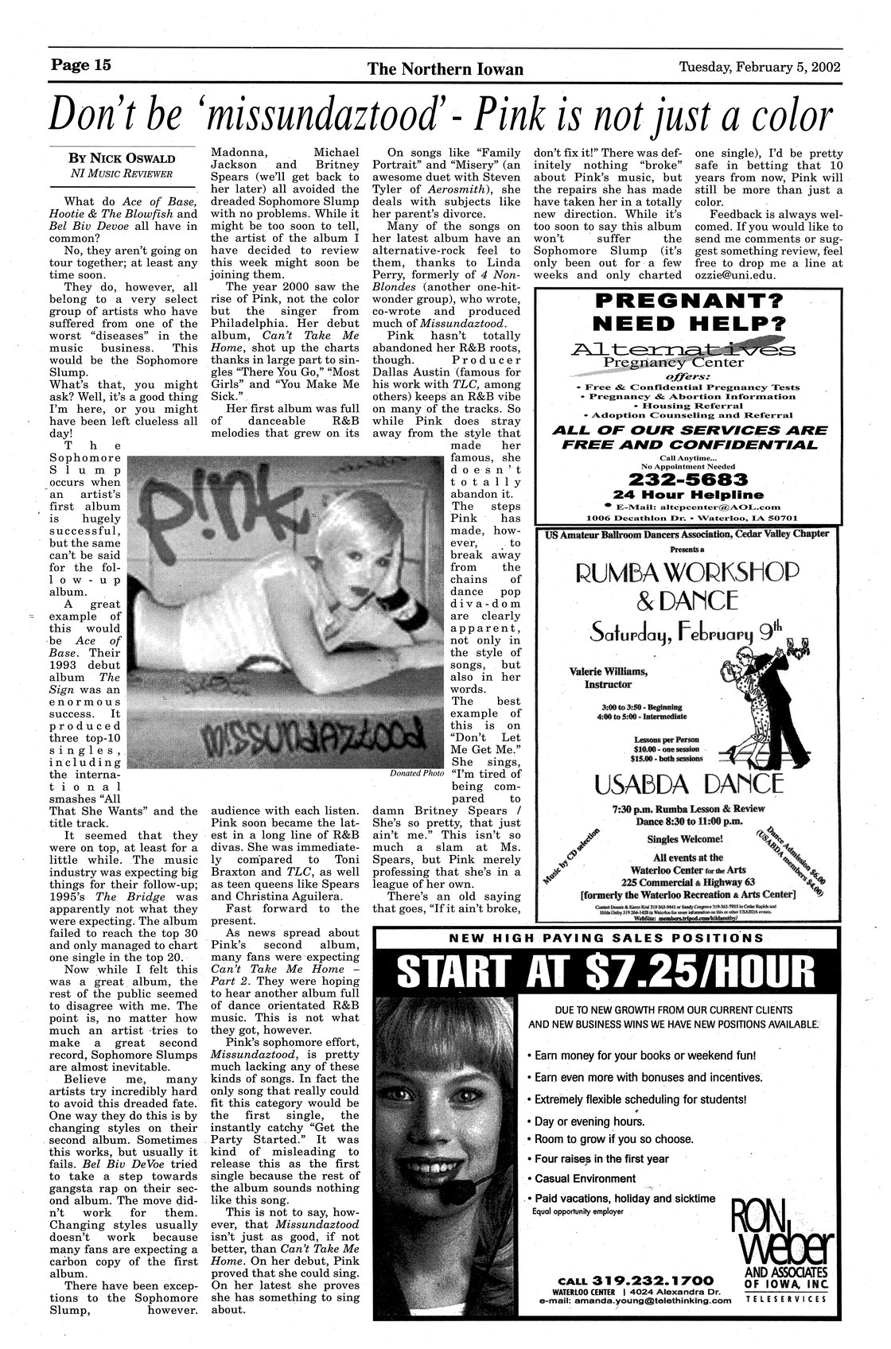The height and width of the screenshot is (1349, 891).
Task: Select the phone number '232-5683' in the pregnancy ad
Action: tap(688, 480)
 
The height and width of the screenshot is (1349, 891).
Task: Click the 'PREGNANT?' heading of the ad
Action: tap(688, 301)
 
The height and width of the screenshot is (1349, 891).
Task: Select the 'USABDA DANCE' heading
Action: tap(689, 784)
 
